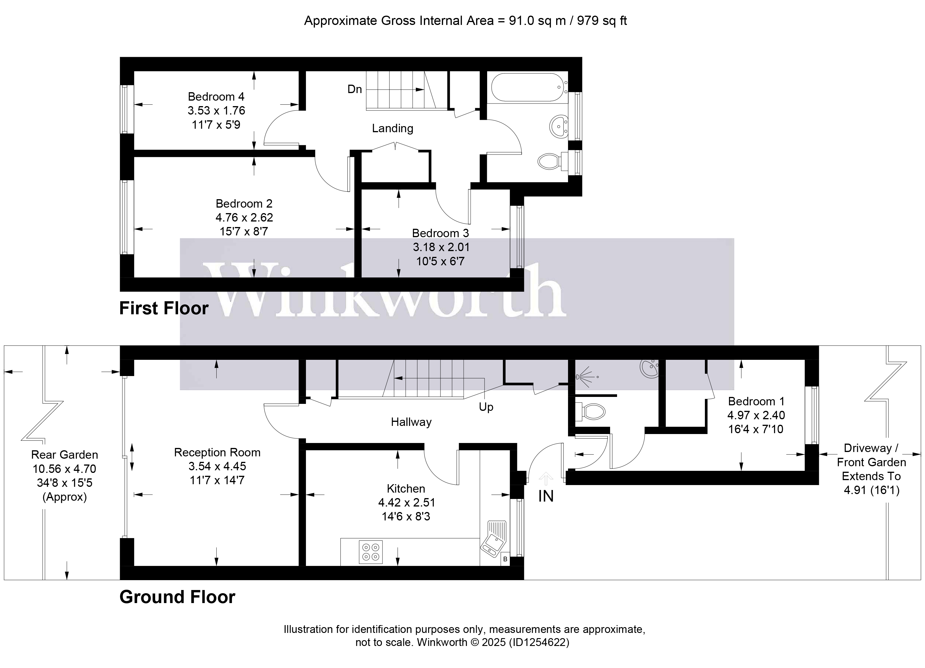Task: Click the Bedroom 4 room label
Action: (216, 97)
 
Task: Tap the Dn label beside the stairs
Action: (354, 89)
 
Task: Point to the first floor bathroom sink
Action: (559, 127)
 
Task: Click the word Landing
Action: (392, 128)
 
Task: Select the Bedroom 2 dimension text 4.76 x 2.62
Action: (244, 217)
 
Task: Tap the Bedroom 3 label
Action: (440, 233)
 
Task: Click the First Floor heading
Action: (164, 308)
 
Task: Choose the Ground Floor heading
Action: (177, 597)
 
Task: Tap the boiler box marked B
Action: (505, 559)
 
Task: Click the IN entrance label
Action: (546, 496)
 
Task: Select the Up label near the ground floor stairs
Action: (486, 407)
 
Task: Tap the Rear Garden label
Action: (64, 455)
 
